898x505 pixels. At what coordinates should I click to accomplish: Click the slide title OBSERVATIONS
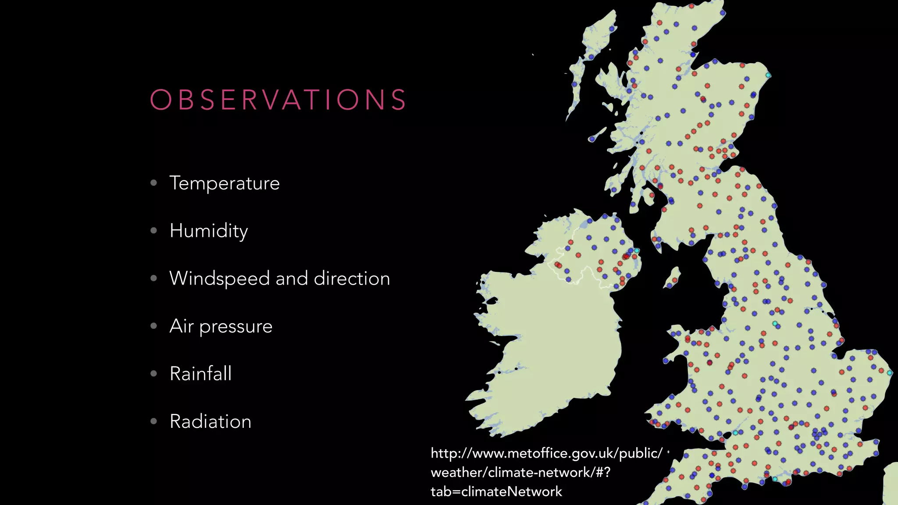click(278, 100)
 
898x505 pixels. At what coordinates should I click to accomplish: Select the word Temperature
click(224, 183)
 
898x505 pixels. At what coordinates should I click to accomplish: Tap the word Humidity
click(209, 231)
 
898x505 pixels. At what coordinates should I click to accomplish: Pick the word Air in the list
click(181, 326)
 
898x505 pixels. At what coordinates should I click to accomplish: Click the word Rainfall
click(200, 374)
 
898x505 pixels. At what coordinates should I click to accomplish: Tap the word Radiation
click(210, 422)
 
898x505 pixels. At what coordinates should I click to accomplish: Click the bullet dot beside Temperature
click(153, 183)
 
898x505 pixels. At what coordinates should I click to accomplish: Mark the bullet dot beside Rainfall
click(153, 373)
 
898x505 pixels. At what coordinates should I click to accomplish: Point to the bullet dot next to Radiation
click(153, 421)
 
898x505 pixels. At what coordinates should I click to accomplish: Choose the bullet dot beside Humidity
click(153, 230)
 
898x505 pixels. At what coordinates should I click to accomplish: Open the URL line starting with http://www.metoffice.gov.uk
click(546, 453)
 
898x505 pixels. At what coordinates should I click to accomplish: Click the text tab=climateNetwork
click(496, 492)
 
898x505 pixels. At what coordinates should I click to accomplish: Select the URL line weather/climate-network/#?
click(520, 473)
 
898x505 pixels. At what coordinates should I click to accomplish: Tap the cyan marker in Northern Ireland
click(637, 251)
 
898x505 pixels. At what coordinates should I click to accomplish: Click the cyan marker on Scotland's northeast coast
click(768, 75)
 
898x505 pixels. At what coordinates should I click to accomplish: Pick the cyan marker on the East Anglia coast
click(890, 373)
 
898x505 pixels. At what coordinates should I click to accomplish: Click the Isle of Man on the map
click(672, 277)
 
